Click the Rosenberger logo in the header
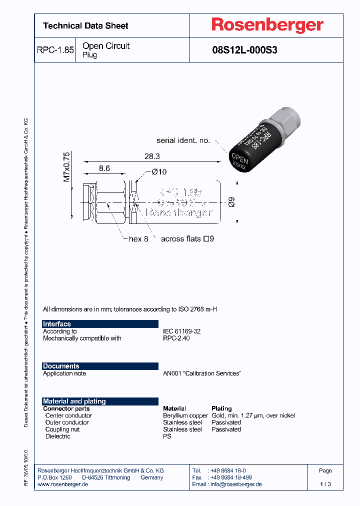[267, 25]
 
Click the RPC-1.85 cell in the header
[55, 50]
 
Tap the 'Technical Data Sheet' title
[85, 25]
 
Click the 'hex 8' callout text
[138, 239]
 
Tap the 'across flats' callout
[187, 239]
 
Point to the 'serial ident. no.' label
[183, 140]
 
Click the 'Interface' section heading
[57, 324]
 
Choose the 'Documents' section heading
[61, 366]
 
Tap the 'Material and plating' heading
[74, 401]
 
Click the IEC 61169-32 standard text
[181, 331]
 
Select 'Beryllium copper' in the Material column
[185, 415]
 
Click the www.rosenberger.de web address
[63, 484]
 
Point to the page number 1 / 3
[325, 484]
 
